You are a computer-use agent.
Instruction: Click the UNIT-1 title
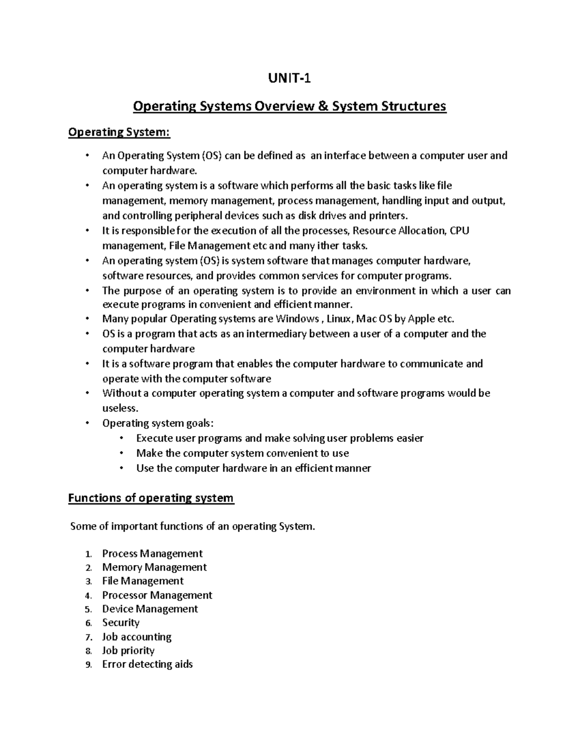click(290, 77)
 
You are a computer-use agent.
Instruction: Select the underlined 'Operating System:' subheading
click(119, 132)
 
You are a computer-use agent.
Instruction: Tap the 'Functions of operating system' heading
click(151, 498)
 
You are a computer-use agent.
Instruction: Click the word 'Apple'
click(421, 319)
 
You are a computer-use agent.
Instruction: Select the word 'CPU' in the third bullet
click(459, 231)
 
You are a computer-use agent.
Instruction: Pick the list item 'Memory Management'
click(154, 567)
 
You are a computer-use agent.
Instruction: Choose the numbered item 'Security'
click(121, 623)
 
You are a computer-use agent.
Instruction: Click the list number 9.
click(88, 665)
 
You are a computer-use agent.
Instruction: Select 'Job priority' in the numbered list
click(128, 650)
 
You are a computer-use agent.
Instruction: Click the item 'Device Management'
click(150, 609)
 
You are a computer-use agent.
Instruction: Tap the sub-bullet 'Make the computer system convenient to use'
click(242, 453)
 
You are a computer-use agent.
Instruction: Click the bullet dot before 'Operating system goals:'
click(87, 423)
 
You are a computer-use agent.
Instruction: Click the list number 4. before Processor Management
click(88, 596)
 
